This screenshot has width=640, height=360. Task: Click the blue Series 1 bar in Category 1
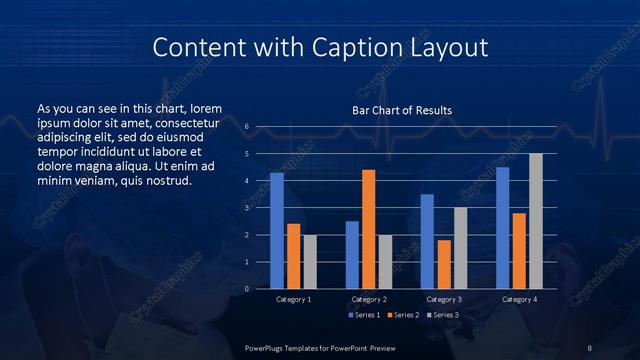point(277,231)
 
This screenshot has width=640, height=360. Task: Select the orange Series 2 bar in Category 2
point(368,229)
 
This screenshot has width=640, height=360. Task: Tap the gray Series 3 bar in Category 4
point(535,221)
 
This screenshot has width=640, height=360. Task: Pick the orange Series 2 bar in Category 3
point(444,264)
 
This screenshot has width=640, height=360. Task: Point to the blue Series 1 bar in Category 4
point(502,228)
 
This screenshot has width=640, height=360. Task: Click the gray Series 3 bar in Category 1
point(310,262)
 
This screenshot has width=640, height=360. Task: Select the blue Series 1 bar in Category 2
point(352,255)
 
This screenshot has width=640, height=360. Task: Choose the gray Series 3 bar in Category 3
point(460,248)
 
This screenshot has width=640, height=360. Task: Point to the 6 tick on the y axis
point(247,127)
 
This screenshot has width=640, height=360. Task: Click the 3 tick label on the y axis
point(247,208)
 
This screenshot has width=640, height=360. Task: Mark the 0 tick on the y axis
point(247,289)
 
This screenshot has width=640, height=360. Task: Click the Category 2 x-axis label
point(369,299)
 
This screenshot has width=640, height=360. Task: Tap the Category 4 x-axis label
point(519,299)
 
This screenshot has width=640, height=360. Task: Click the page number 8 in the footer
point(589,346)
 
